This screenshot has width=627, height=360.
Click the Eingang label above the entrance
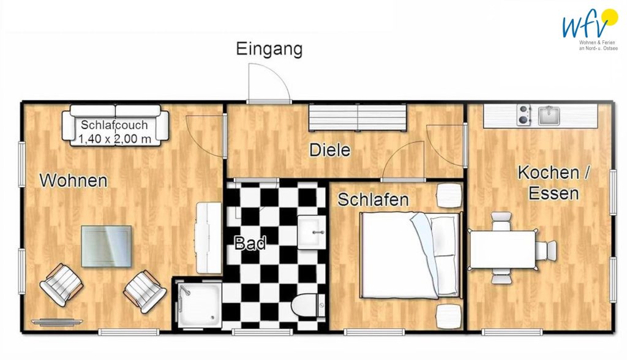coord(269,50)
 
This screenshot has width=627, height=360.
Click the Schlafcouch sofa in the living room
coord(115,126)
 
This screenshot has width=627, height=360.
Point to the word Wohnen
coord(73,181)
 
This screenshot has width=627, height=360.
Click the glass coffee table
coord(107,246)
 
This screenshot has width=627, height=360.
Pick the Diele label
coord(330,150)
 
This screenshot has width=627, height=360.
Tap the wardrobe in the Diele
coord(358,118)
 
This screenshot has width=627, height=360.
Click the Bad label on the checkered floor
coord(250,243)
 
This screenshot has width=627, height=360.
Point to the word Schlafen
coord(373,200)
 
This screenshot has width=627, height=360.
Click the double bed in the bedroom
coord(410,255)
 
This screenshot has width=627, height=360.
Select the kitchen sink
coord(549,115)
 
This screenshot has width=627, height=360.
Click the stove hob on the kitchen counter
coord(524,115)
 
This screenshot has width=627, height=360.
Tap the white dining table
coord(503,250)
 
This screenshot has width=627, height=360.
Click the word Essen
coord(554,193)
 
